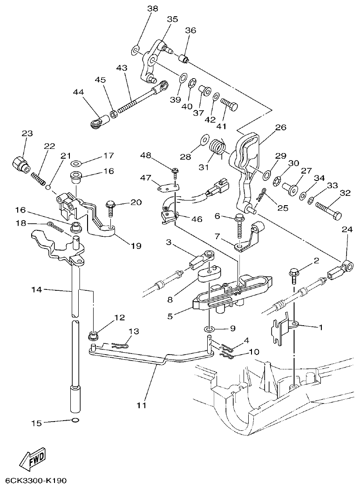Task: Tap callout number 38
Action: tap(139, 8)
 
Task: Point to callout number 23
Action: tap(27, 133)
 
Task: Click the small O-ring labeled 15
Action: tap(75, 422)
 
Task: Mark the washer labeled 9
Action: tap(209, 330)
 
